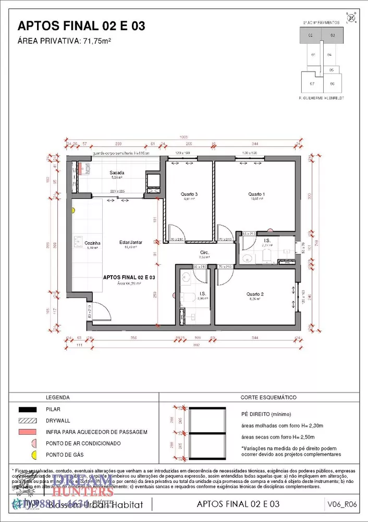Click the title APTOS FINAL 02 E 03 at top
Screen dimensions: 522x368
[x=81, y=26]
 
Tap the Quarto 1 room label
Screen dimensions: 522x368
[x=258, y=194]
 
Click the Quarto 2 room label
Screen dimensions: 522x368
[x=255, y=294]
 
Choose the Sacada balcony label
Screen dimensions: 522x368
[x=116, y=173]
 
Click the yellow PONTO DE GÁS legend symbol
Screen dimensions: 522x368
[x=34, y=455]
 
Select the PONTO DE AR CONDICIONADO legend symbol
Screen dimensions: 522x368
[x=34, y=443]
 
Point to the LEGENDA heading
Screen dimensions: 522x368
[x=58, y=397]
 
